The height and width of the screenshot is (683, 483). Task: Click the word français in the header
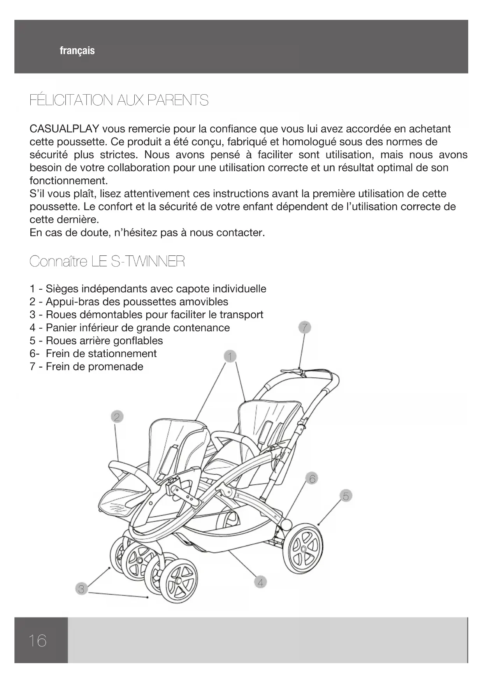(77, 51)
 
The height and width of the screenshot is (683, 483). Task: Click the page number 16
(37, 640)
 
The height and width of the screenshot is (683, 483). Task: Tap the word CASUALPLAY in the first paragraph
(64, 129)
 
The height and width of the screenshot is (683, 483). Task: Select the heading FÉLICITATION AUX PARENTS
(119, 100)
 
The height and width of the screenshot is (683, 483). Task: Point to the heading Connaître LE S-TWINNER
(107, 261)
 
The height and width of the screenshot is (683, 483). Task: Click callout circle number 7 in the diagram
(305, 327)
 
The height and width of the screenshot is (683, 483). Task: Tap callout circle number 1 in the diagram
(230, 356)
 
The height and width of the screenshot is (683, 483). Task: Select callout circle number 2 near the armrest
(116, 417)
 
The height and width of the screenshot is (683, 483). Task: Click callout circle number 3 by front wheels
(81, 589)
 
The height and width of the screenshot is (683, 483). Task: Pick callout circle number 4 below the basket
(260, 583)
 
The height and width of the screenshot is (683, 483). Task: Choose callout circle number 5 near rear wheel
(345, 496)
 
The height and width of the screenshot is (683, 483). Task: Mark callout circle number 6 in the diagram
(312, 478)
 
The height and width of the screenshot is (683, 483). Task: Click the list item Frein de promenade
(94, 366)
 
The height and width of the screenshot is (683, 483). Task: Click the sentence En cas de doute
(147, 233)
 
